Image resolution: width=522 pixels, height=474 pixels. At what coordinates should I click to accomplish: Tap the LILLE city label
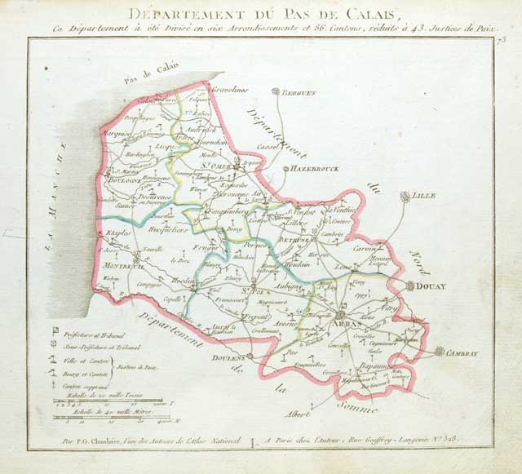point(425,197)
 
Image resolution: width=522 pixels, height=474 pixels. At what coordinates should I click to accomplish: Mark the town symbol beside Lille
point(406,196)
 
